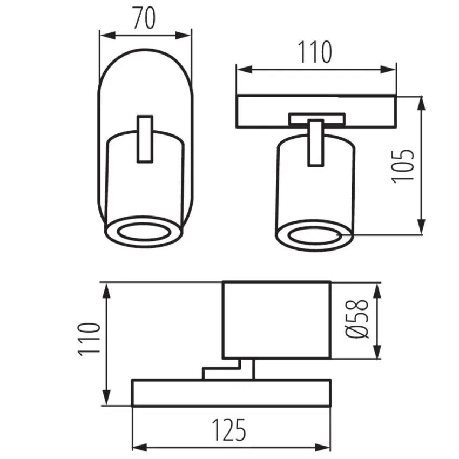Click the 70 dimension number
pos(144,18)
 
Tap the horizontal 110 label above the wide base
pos(315,52)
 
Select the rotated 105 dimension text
pos(403,166)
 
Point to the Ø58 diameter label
pos(357,319)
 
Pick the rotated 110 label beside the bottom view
pos(89,340)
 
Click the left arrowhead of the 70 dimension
pos(107,36)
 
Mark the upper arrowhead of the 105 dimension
pos(421,104)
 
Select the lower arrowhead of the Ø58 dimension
pos(377,350)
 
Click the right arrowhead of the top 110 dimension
pos(388,70)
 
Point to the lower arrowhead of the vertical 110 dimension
pos(107,397)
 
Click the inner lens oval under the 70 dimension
pos(144,232)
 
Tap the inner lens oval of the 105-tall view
pos(315,235)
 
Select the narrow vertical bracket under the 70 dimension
pos(145,139)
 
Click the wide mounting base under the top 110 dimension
pos(316,111)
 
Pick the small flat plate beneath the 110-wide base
pos(317,119)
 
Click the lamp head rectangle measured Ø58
pos(276,320)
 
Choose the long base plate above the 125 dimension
pos(231,393)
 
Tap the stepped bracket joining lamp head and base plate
pos(228,369)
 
